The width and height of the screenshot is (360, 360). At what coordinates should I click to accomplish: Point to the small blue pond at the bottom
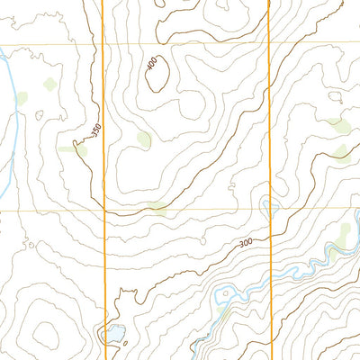[x=116, y=335]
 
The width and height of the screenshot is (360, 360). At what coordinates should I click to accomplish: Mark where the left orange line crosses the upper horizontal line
[x=103, y=43]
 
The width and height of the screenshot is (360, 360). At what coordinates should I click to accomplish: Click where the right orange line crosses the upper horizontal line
[x=269, y=43]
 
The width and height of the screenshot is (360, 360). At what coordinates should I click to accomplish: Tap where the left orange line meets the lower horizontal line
[x=104, y=211]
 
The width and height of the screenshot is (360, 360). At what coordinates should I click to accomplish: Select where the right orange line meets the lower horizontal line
[x=270, y=211]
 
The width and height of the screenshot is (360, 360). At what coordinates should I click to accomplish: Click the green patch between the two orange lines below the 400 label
[x=143, y=139]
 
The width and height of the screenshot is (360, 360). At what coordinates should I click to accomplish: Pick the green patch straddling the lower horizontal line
[x=158, y=209]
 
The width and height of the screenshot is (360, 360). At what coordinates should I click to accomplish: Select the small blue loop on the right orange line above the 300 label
[x=267, y=206]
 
